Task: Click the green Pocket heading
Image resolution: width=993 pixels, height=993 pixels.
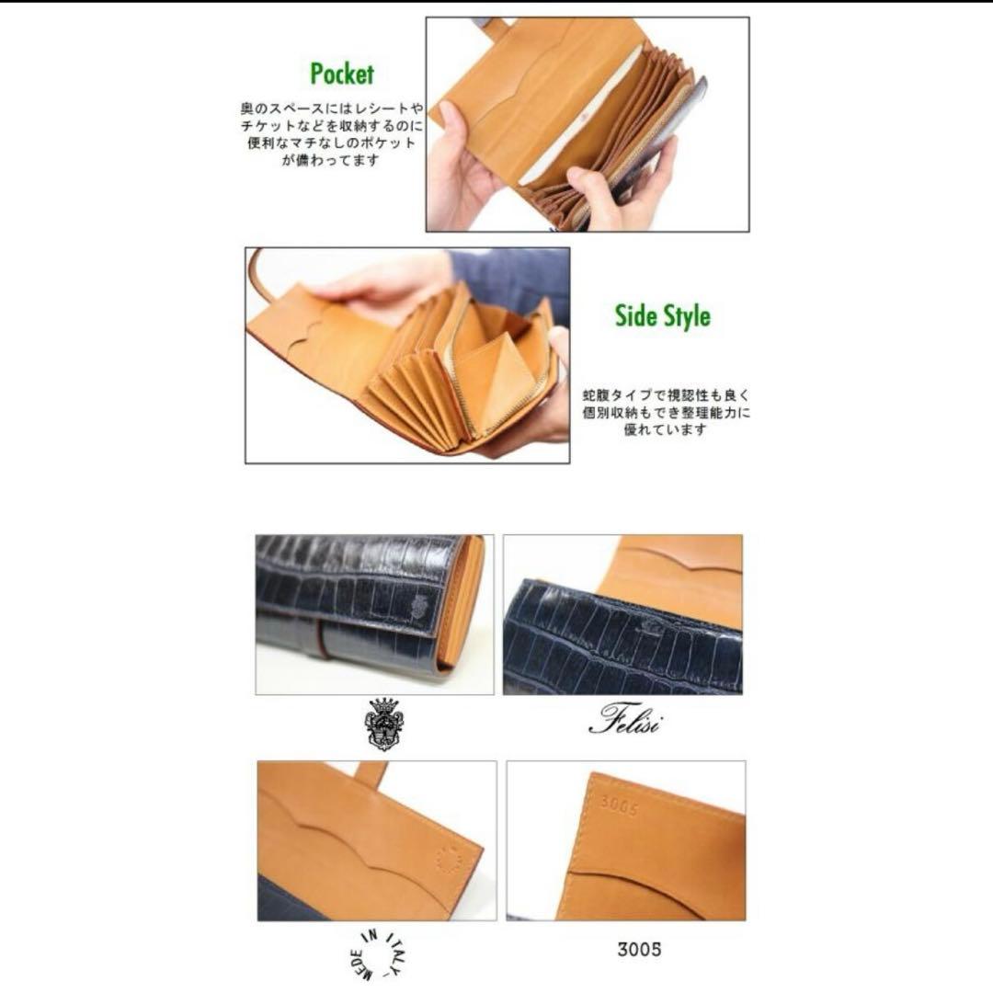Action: pos(342,74)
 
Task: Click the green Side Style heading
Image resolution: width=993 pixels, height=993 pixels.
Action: pos(662,316)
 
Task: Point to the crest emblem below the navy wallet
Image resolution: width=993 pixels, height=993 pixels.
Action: pos(384,723)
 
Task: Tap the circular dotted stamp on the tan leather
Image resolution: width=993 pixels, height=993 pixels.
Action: pos(448,860)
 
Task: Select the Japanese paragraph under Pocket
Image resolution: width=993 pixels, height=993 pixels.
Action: pos(327,134)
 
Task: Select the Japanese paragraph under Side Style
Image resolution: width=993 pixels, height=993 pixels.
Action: pos(666,412)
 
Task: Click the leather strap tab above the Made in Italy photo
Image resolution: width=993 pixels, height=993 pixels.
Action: pos(371,774)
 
